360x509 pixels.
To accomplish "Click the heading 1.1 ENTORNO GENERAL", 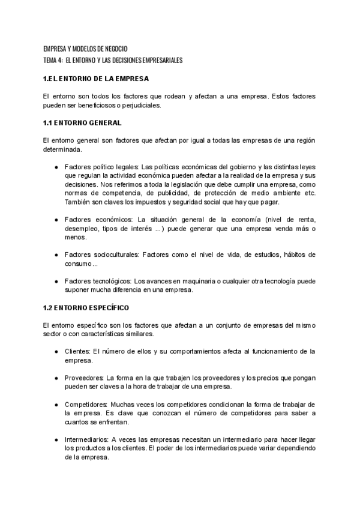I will pyautogui.click(x=82, y=123).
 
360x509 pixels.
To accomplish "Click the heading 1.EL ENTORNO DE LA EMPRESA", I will pyautogui.click(x=96, y=79).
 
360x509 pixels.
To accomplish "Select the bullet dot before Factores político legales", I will pyautogui.click(x=56, y=167).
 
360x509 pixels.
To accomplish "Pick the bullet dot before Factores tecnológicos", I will pyautogui.click(x=56, y=281).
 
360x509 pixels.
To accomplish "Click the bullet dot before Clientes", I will pyautogui.click(x=56, y=351).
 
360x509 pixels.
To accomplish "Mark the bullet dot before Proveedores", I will pyautogui.click(x=56, y=378).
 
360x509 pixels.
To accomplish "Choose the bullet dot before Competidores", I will pyautogui.click(x=56, y=405).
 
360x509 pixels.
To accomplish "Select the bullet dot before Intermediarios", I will pyautogui.click(x=56, y=439).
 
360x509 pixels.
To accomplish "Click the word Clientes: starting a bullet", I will pyautogui.click(x=77, y=351).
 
